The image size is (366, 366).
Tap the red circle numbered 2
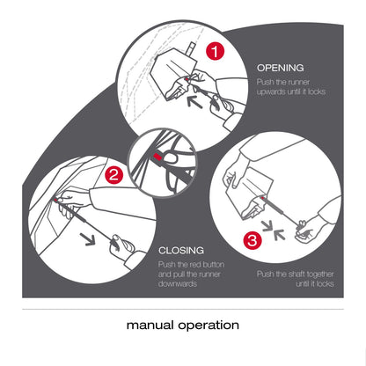[113, 174]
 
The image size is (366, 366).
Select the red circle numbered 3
[252, 238]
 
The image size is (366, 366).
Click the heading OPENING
[280, 67]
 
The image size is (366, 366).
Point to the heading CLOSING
[182, 251]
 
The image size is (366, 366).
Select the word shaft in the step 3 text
[291, 274]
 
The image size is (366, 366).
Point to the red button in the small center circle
[157, 157]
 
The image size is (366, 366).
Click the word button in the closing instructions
[222, 264]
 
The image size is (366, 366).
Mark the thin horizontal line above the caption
[183, 309]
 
